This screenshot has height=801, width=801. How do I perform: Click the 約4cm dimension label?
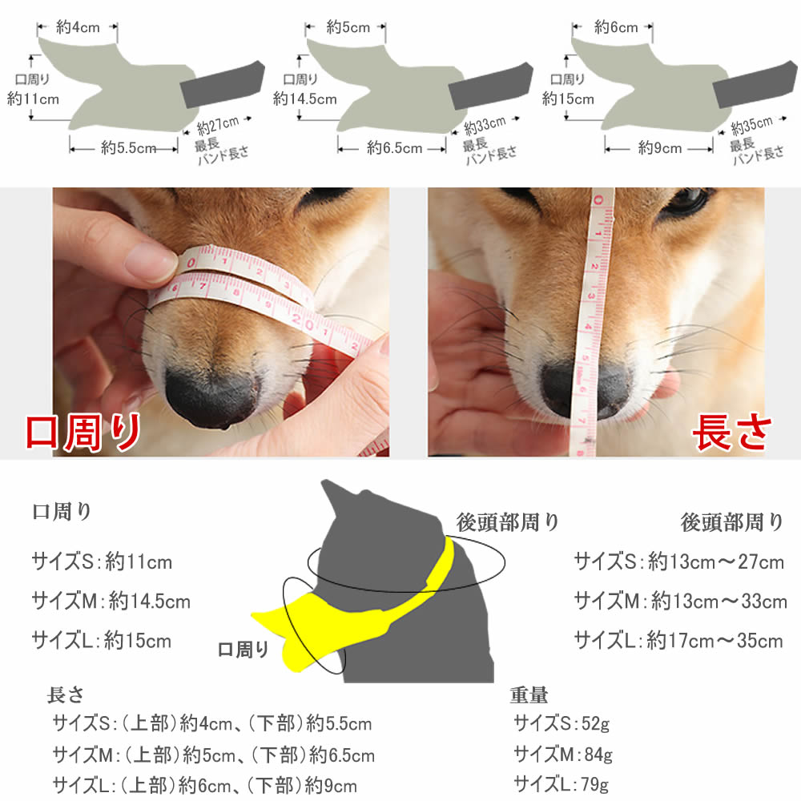pos(78,27)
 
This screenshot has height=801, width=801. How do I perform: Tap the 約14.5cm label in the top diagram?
pos(305,99)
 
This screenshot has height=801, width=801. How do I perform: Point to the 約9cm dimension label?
pos(660,148)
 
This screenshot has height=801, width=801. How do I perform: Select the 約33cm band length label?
pos(485,125)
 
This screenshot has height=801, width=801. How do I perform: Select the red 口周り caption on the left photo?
pos(83,433)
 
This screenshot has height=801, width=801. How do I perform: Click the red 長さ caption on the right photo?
pos(731,433)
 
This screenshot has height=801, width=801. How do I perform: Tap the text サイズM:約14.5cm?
pos(111,602)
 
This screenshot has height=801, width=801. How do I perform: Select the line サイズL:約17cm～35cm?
pos(678,640)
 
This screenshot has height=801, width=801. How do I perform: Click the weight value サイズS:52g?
pos(562,723)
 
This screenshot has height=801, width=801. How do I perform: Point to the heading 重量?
pos(529,694)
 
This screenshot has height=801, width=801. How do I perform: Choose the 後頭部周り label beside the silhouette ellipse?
pos(507,522)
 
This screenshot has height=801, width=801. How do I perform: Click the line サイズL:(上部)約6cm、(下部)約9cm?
pos(204,785)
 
